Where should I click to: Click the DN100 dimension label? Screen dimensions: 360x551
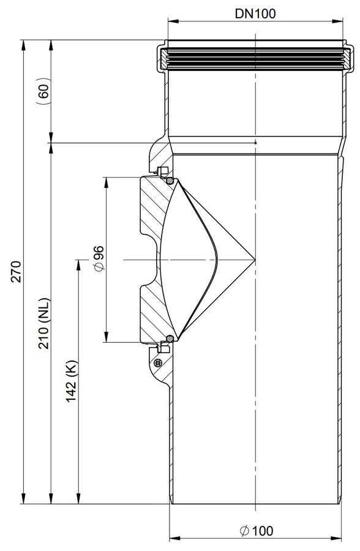point(255,13)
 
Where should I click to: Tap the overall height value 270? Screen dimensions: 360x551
point(16,271)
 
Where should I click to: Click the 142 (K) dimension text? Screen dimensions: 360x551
point(72,381)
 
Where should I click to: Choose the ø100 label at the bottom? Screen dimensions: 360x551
point(257,531)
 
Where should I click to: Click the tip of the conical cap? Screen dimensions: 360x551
point(255,260)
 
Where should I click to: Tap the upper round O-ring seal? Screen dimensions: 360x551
point(170,181)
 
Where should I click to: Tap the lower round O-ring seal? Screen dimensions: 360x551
point(170,339)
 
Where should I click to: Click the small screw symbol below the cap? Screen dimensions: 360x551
point(158,363)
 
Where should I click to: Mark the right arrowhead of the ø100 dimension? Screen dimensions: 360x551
point(337,538)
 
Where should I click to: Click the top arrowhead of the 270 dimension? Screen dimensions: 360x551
point(23,45)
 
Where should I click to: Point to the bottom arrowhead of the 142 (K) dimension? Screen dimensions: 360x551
point(78,498)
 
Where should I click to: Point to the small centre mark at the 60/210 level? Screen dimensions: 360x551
point(255,143)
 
